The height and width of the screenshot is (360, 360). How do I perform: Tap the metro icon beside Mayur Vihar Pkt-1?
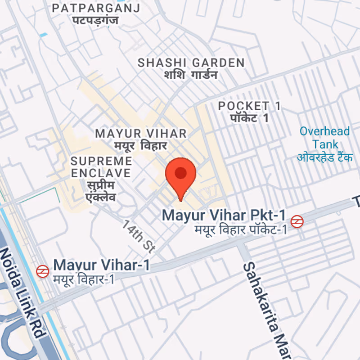coord(297,221)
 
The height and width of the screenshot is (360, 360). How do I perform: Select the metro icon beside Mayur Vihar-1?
coord(42,271)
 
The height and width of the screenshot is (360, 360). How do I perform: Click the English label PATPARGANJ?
coord(96,8)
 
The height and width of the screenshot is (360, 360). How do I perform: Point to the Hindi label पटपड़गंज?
coord(96,20)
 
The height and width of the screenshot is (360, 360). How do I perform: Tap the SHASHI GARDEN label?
coord(191,63)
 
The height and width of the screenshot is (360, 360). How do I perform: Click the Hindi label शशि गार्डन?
coord(191,75)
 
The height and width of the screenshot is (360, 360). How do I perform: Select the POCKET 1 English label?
coord(249,106)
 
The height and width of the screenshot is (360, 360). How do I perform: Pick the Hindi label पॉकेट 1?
coord(249,118)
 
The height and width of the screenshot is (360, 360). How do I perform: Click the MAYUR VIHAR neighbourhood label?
coord(141,133)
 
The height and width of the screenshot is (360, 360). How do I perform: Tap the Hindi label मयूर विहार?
coord(140,146)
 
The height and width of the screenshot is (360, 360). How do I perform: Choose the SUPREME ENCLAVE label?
coord(101,166)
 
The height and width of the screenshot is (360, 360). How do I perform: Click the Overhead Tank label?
coord(325,138)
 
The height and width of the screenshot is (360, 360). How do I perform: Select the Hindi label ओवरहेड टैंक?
coord(325,157)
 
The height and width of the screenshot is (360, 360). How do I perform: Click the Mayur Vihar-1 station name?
coord(101,265)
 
